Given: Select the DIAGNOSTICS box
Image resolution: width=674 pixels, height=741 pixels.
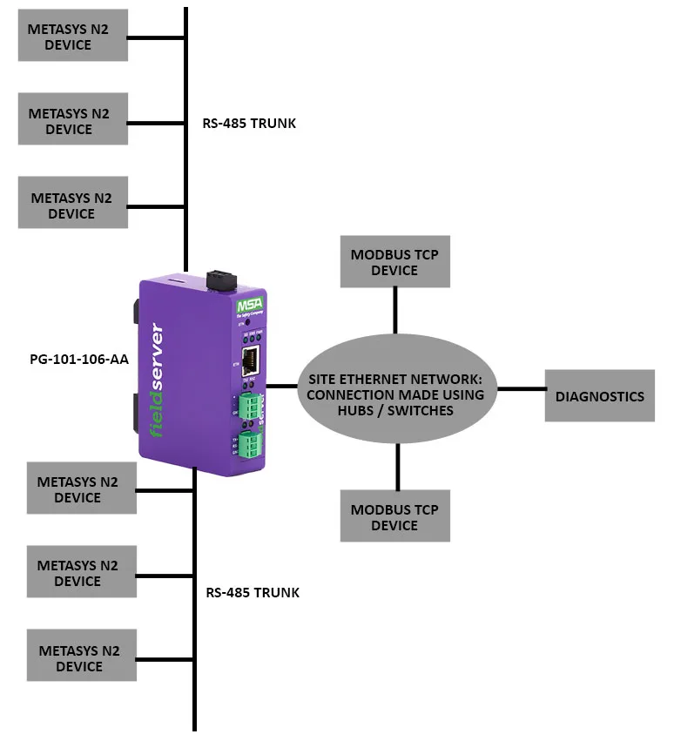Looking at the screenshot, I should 600,395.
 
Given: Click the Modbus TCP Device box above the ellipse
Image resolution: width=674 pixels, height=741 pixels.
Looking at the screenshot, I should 394,262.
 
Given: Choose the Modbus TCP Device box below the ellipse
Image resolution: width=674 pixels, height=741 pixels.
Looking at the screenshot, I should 394,516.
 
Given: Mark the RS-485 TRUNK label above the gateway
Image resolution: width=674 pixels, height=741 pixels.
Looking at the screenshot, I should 249,123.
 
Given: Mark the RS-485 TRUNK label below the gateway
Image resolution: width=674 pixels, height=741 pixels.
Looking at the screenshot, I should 253,592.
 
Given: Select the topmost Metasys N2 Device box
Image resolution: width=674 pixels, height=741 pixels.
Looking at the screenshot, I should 73,36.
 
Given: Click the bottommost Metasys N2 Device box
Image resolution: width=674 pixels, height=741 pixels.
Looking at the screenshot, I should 80,658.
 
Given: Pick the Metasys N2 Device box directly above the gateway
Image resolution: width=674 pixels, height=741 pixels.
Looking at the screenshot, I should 73,203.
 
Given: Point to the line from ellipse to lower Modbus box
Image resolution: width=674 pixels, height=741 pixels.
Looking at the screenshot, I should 398,467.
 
